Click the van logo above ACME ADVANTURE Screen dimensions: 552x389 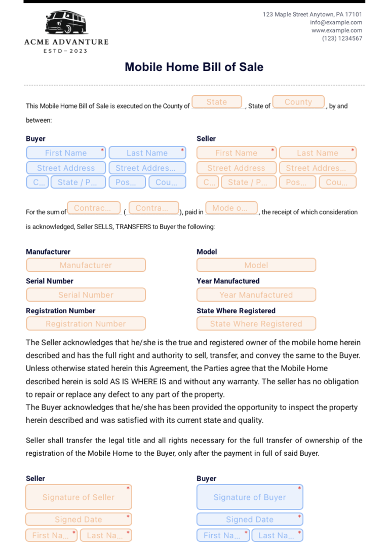point(66,23)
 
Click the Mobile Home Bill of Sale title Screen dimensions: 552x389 point(194,67)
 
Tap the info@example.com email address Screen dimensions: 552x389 point(336,22)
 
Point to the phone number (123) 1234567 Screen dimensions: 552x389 point(342,39)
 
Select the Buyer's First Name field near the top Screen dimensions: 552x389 point(66,153)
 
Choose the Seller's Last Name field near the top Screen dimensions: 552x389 point(318,153)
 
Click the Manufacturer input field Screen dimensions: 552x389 point(86,265)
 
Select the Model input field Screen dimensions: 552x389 point(256,265)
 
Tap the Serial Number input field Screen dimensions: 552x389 point(86,295)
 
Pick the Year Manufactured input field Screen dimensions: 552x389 point(256,295)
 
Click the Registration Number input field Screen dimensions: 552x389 point(86,323)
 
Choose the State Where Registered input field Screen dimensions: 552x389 point(256,323)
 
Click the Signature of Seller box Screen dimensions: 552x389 point(79,497)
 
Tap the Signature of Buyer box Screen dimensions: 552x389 point(250,497)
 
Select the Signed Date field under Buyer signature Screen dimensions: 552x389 point(250,519)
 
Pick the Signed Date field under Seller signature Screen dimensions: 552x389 point(79,519)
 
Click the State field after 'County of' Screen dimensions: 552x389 point(217,102)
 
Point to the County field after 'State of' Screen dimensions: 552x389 point(298,102)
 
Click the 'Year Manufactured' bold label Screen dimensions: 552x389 point(228,281)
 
